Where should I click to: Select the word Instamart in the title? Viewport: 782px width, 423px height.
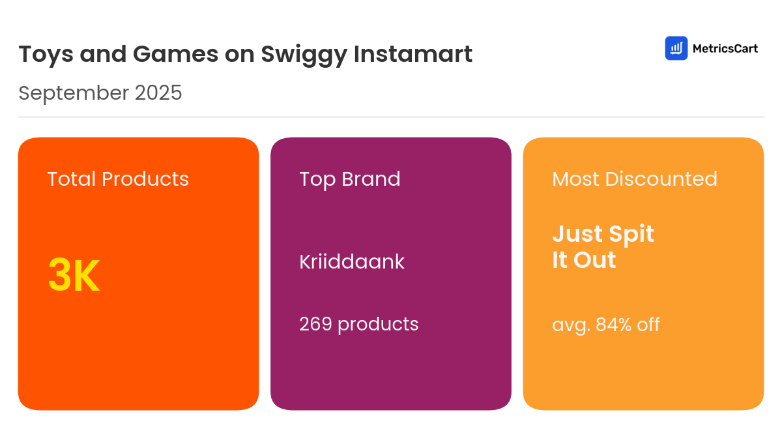click(413, 54)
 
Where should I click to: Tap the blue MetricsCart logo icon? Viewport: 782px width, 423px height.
click(676, 48)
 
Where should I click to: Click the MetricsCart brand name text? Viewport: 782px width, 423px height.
click(725, 48)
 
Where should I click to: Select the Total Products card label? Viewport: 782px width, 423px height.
click(118, 179)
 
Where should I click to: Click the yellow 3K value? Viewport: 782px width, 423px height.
click(74, 276)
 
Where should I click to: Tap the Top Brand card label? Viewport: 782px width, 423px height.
click(350, 179)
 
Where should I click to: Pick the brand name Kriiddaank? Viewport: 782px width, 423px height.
click(352, 261)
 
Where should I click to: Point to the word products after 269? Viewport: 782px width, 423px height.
click(378, 324)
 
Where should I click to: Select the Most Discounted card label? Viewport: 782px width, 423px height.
click(635, 179)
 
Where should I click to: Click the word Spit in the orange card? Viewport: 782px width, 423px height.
click(631, 234)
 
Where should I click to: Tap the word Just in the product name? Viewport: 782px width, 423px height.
click(576, 234)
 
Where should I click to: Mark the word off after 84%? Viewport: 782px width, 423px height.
click(648, 324)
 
